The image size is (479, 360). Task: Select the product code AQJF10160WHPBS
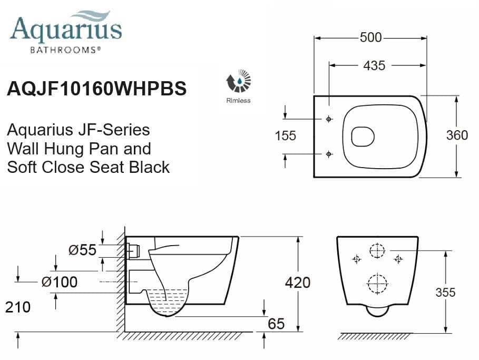[96, 88]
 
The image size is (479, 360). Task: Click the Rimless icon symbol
[238, 82]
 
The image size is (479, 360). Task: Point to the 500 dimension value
[370, 37]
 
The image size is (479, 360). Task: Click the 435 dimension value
[374, 65]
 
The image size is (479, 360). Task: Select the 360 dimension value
[456, 135]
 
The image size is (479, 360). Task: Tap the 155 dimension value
[285, 136]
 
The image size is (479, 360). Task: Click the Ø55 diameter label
[83, 250]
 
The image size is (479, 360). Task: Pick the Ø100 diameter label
[60, 282]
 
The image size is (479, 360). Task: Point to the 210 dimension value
[17, 306]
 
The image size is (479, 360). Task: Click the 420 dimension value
[297, 283]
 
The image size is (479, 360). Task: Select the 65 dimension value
[276, 324]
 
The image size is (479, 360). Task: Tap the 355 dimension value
[445, 292]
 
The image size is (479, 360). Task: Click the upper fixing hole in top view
[329, 119]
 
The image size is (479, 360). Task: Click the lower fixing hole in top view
[329, 154]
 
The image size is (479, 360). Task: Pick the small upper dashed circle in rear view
[377, 251]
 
